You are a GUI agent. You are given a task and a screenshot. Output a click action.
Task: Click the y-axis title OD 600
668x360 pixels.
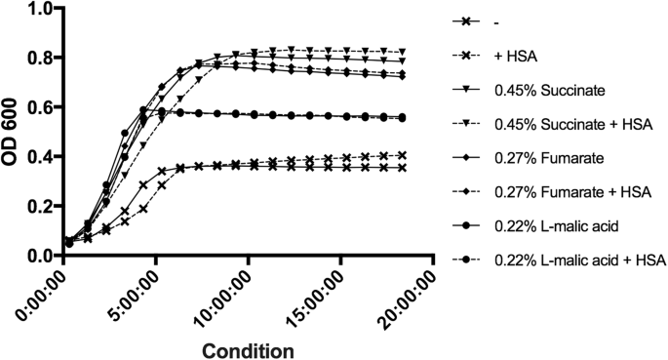pyautogui.click(x=13, y=133)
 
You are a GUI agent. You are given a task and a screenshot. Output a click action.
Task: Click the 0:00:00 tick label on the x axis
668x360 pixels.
pyautogui.click(x=41, y=291)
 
